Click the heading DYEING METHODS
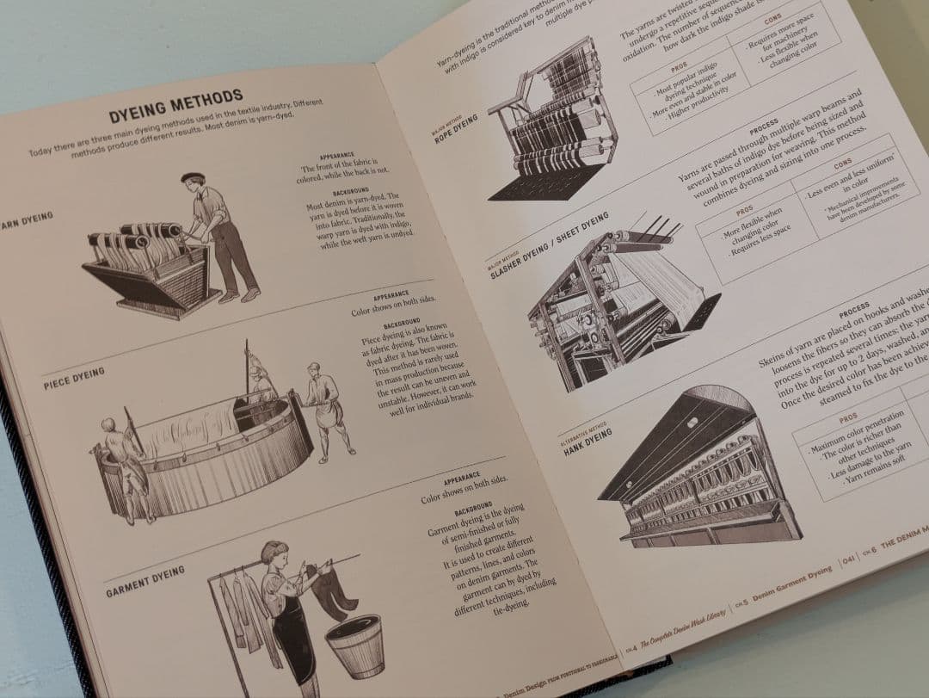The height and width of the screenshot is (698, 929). [x=175, y=105]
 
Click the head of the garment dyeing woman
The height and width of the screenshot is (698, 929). [x=274, y=553]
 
